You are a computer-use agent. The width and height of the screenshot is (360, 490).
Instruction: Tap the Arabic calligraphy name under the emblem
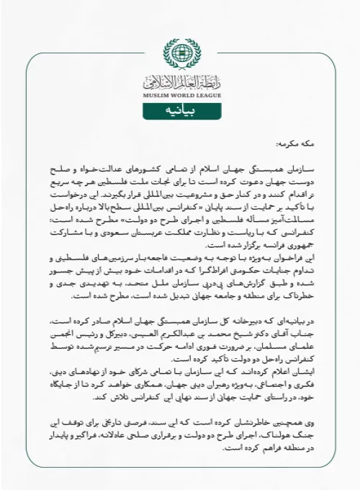click(179, 81)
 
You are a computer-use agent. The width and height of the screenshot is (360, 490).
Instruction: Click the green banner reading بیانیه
click(179, 111)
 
